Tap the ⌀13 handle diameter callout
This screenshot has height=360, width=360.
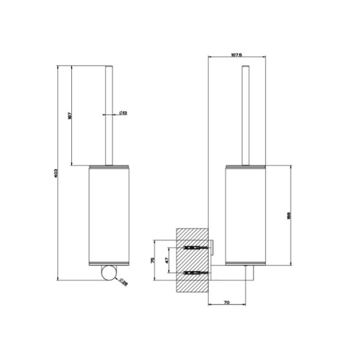click(x=123, y=113)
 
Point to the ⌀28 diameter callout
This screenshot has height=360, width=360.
click(x=123, y=282)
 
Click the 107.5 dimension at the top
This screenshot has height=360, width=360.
click(x=236, y=55)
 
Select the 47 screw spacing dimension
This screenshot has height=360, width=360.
click(x=167, y=260)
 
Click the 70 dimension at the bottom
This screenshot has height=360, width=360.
click(x=226, y=302)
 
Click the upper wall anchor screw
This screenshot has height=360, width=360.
click(x=195, y=248)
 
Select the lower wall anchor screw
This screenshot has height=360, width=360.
click(x=195, y=272)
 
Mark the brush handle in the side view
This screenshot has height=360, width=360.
click(x=245, y=115)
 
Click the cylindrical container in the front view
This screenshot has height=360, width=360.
click(x=109, y=214)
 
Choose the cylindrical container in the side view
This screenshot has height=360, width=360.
click(x=245, y=214)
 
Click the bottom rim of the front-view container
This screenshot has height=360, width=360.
click(x=109, y=262)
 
